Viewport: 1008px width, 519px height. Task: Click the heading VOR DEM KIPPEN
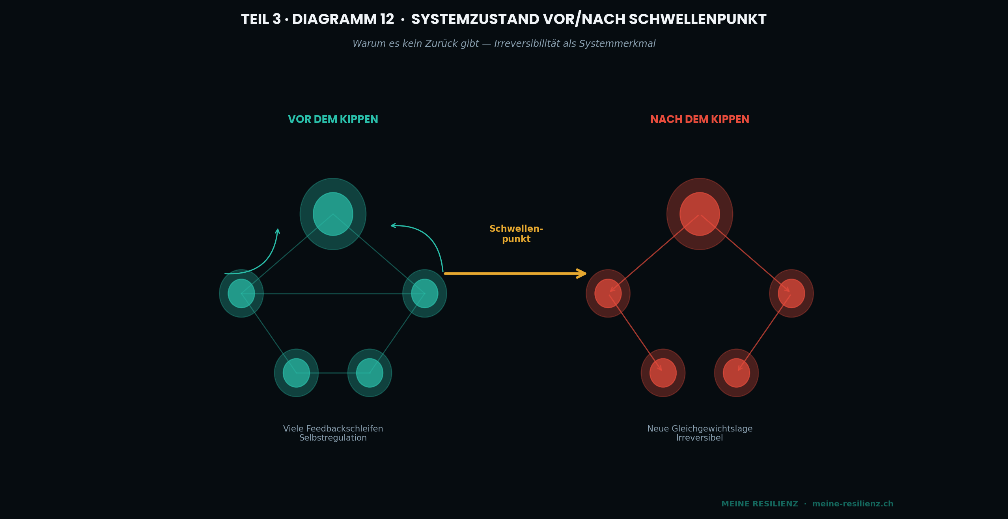coord(333,119)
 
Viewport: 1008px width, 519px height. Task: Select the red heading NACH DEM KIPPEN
coord(700,119)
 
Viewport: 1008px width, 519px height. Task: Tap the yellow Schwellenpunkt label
coord(516,234)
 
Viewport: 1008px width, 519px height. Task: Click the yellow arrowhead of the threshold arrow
coord(582,273)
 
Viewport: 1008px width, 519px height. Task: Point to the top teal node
coord(333,214)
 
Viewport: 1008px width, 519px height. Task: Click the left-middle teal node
coord(241,294)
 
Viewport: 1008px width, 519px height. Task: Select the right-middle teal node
coord(424,294)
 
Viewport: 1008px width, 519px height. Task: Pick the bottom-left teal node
coord(296,373)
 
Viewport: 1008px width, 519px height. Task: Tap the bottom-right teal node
coord(370,373)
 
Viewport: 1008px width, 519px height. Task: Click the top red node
coord(700,214)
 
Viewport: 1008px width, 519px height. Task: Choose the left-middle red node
coord(608,294)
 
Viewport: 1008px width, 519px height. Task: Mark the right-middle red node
coord(791,294)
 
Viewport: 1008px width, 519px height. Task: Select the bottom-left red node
coord(663,373)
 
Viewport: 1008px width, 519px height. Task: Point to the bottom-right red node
coord(736,373)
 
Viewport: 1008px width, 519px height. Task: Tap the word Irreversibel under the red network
coord(700,438)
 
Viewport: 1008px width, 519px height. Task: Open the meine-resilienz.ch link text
coord(853,504)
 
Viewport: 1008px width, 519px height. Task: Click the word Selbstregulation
coord(333,438)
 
